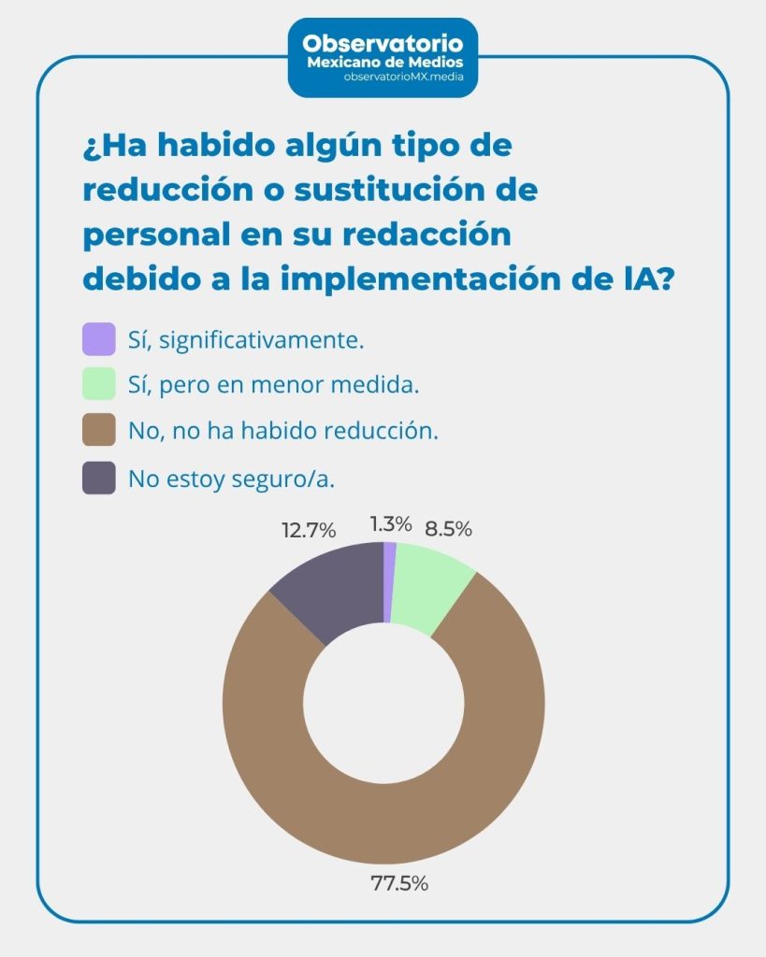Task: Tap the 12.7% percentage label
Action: (308, 531)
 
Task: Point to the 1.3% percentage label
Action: (390, 523)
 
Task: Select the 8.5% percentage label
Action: (448, 529)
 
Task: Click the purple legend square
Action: (98, 339)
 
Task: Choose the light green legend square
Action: (98, 384)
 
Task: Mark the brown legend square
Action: (98, 431)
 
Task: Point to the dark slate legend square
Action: (98, 478)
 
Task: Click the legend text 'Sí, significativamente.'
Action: (246, 340)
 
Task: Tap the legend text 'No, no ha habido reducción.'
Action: (283, 432)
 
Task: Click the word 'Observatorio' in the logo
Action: (383, 43)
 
